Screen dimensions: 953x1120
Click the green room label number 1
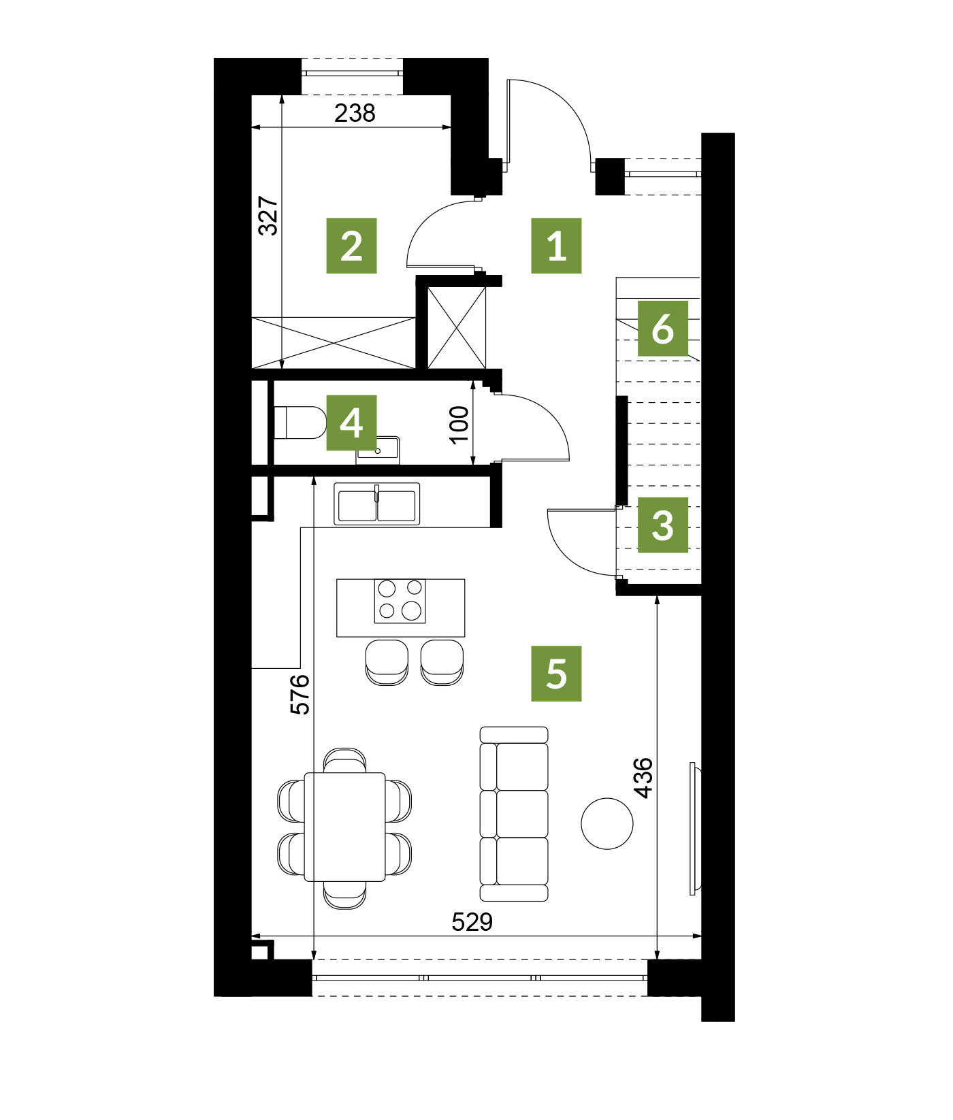pyautogui.click(x=556, y=246)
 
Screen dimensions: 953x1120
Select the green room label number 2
pyautogui.click(x=351, y=246)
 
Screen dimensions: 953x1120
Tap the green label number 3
pyautogui.click(x=662, y=525)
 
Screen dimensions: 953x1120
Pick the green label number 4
pyautogui.click(x=351, y=423)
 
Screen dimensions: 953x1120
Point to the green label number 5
pyautogui.click(x=556, y=674)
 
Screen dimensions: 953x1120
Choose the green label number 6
pyautogui.click(x=662, y=328)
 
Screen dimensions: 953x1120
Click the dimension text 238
pyautogui.click(x=355, y=113)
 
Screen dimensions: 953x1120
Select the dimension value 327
pyautogui.click(x=269, y=216)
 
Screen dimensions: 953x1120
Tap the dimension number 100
pyautogui.click(x=459, y=424)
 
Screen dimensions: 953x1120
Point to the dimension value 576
pyautogui.click(x=300, y=694)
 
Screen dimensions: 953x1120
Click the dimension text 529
pyautogui.click(x=472, y=922)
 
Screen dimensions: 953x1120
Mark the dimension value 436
pyautogui.click(x=643, y=777)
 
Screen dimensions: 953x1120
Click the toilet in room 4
pyautogui.click(x=300, y=423)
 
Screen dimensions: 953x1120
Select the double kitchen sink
pyautogui.click(x=376, y=504)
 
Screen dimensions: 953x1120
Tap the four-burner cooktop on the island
pyautogui.click(x=400, y=601)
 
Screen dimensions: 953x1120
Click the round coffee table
pyautogui.click(x=607, y=823)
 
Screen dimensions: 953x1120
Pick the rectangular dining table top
pyautogui.click(x=345, y=827)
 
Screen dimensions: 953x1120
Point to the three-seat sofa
pyautogui.click(x=514, y=814)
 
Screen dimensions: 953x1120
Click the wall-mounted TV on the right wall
pyautogui.click(x=694, y=828)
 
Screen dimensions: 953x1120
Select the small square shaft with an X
pyautogui.click(x=456, y=328)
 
